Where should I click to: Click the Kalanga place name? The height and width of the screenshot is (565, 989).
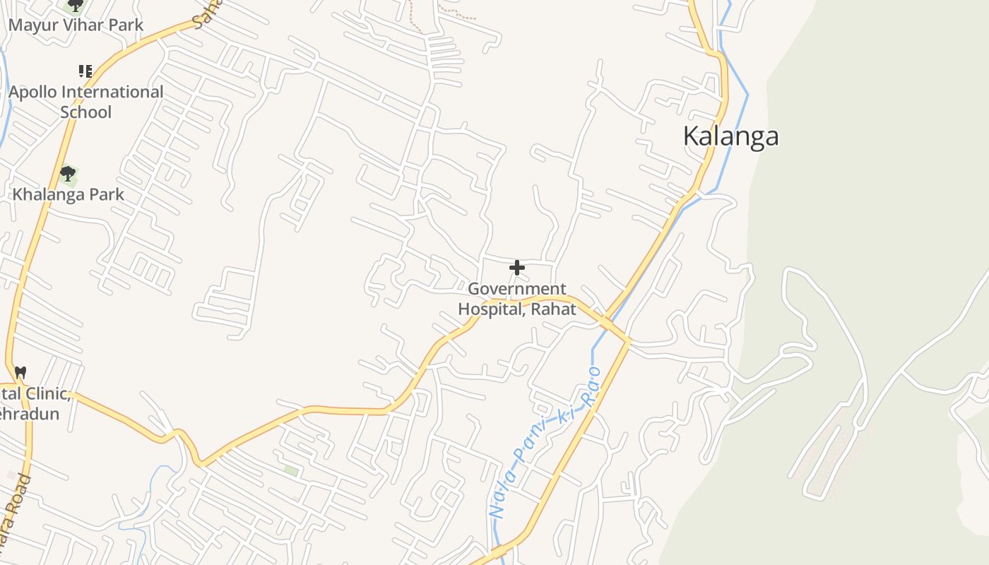(730, 136)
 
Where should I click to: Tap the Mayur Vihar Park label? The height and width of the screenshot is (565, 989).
(76, 25)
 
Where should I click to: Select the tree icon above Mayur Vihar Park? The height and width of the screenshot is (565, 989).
(74, 6)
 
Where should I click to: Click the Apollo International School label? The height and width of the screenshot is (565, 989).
(85, 102)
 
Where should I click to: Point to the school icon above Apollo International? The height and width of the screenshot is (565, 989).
(85, 71)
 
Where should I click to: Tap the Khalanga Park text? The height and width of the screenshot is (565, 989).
(69, 194)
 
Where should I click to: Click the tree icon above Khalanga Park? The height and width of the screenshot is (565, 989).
(68, 174)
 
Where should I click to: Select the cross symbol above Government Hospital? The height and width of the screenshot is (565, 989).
(517, 268)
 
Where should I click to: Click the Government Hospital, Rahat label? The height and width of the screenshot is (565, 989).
(517, 299)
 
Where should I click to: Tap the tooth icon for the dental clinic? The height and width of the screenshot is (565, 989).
(20, 371)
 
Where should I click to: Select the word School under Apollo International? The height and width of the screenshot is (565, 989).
(85, 112)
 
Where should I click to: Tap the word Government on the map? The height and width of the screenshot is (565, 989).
(517, 289)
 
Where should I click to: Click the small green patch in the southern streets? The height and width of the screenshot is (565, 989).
(291, 470)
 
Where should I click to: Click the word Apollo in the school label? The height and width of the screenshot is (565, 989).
(34, 93)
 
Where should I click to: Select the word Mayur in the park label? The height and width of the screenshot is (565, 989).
(29, 25)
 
